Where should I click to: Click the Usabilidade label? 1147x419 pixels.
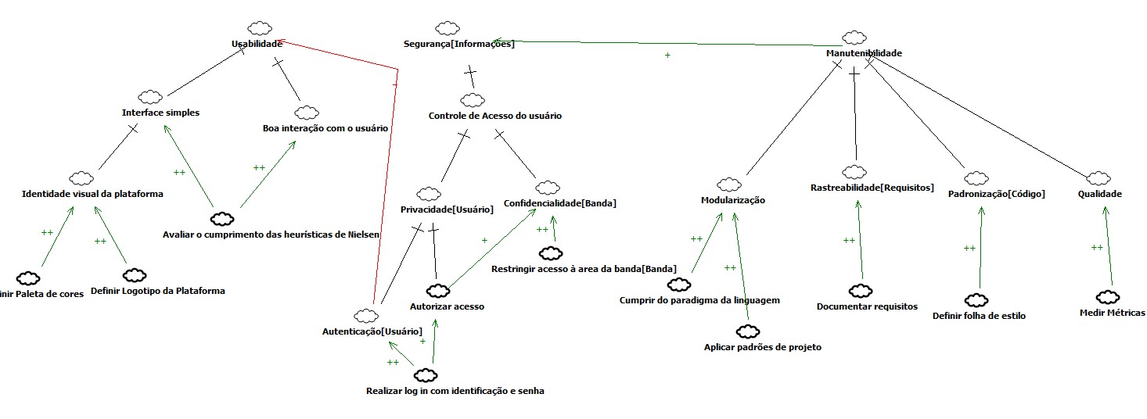257,45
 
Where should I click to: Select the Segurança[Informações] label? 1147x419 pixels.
459,44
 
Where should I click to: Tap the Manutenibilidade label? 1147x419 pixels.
864,53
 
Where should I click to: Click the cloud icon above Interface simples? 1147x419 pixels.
150,97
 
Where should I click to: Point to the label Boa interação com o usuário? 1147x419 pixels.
325,127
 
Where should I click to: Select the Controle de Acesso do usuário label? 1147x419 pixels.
495,116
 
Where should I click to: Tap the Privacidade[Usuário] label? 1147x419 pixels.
447,209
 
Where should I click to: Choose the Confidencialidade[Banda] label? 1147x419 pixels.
560,203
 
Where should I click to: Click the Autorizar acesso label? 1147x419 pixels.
448,306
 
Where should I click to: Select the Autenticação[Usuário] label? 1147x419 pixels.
372,331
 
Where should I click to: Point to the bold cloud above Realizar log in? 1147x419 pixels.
425,375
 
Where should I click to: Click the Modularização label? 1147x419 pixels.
732,200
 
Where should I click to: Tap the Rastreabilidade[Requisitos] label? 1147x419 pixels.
872,188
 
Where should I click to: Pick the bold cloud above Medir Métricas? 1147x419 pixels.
1108,297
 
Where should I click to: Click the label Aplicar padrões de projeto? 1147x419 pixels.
763,347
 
